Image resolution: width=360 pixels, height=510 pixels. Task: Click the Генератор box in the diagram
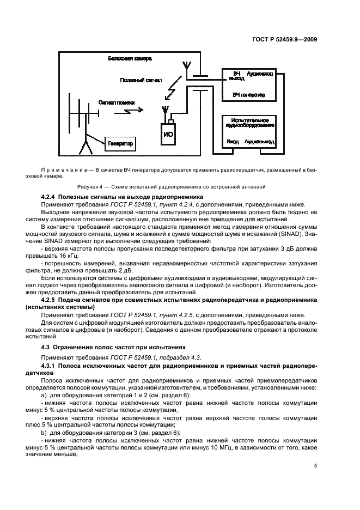pos(120,144)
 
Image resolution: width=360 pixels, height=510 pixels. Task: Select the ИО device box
pos(169,133)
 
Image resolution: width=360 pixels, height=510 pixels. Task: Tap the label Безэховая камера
pos(130,58)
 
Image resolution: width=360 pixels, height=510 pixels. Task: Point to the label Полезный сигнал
pos(141,80)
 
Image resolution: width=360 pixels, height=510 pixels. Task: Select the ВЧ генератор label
pos(248,95)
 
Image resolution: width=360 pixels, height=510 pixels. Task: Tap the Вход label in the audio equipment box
pos(233,142)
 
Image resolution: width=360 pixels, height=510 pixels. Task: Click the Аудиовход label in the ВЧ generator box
pos(260,73)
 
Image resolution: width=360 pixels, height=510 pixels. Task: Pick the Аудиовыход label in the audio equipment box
pos(259,142)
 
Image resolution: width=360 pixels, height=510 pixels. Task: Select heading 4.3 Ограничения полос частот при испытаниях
pos(114,347)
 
